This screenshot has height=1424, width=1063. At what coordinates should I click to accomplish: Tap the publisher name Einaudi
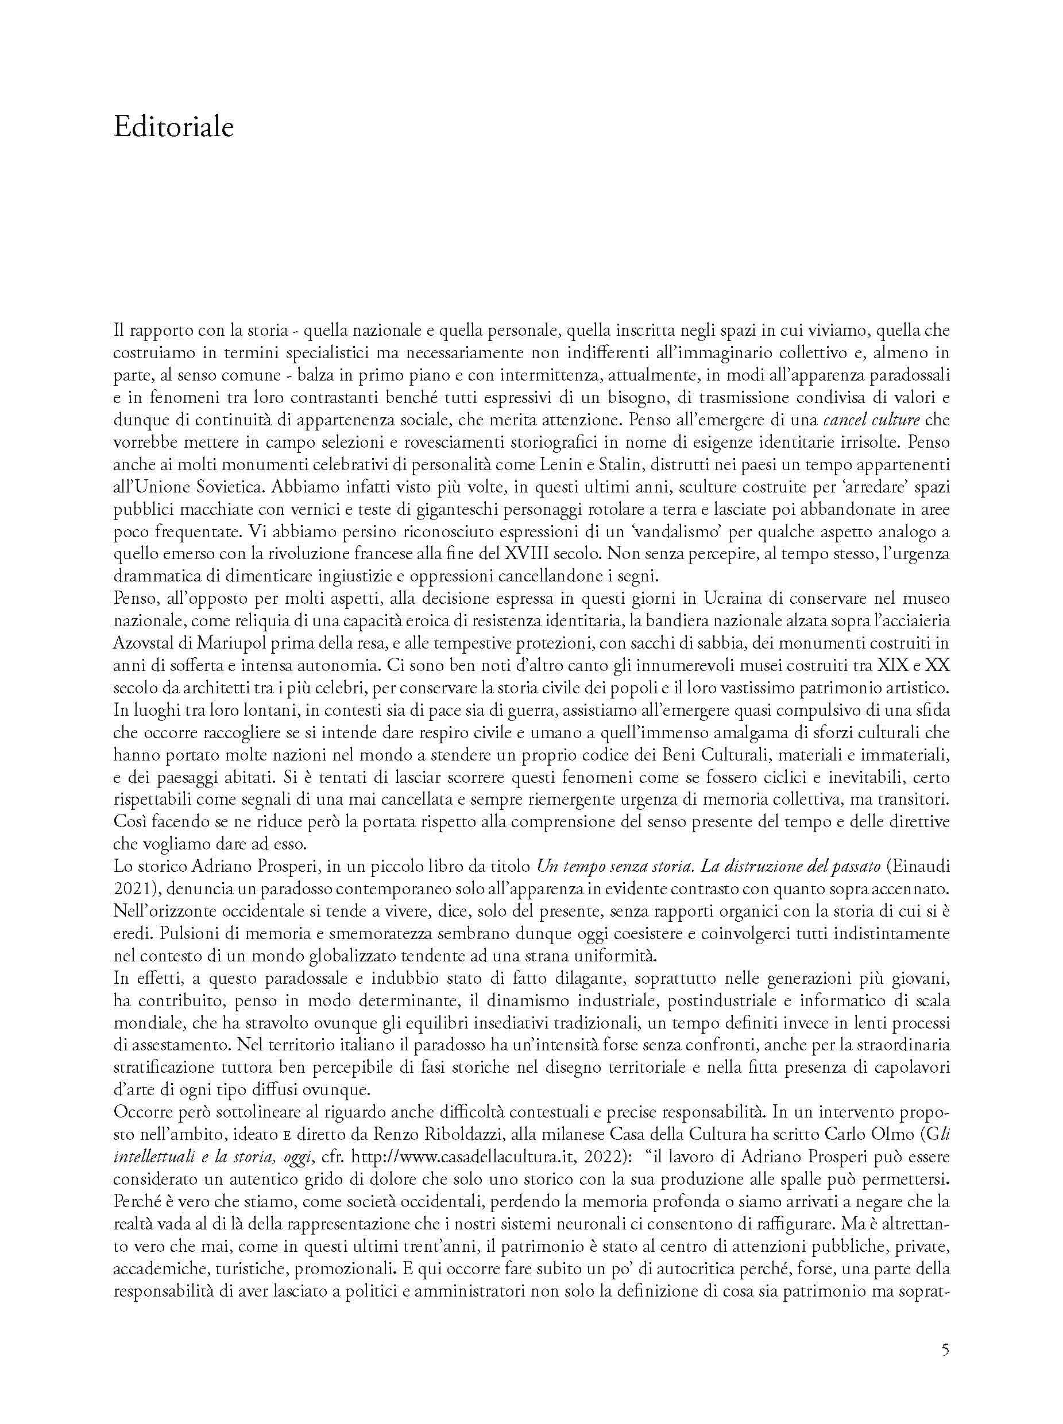[919, 866]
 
